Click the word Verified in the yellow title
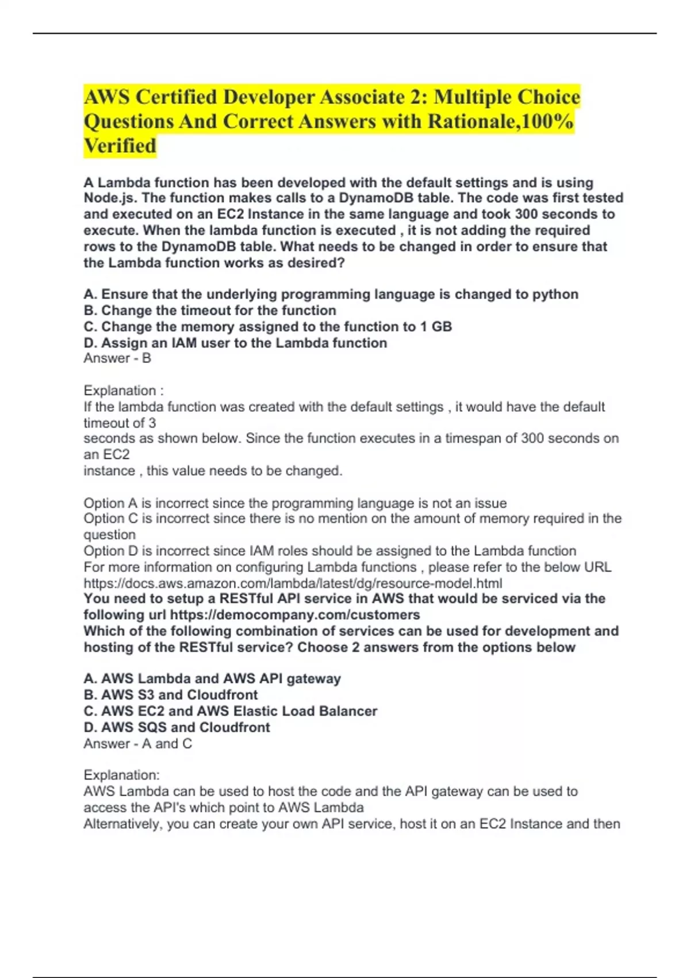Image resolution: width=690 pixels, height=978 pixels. [x=120, y=146]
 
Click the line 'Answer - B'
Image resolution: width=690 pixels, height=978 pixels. [x=117, y=358]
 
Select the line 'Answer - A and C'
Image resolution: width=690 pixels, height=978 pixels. [x=138, y=744]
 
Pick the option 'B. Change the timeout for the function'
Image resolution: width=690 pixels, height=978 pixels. [x=210, y=311]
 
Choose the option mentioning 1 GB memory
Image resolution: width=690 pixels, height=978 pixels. [x=268, y=327]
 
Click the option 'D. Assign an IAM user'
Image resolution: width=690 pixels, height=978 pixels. [x=235, y=343]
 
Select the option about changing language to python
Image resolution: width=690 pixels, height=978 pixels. [x=331, y=295]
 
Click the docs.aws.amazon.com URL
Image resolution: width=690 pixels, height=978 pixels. [x=293, y=583]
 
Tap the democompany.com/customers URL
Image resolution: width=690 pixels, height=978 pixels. [x=295, y=615]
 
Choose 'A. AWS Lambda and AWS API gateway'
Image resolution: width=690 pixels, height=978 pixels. [x=212, y=679]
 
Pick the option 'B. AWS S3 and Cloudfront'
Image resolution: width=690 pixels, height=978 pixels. [x=171, y=695]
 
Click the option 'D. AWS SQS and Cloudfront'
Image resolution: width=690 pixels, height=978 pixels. [x=177, y=727]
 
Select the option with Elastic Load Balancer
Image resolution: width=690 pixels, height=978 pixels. [x=231, y=711]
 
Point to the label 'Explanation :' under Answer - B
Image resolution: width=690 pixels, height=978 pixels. [x=124, y=391]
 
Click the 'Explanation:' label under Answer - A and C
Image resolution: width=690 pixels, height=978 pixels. [x=122, y=775]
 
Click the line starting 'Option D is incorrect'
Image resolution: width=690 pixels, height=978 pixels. [x=329, y=551]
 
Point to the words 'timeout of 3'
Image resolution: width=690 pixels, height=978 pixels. [x=120, y=423]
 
